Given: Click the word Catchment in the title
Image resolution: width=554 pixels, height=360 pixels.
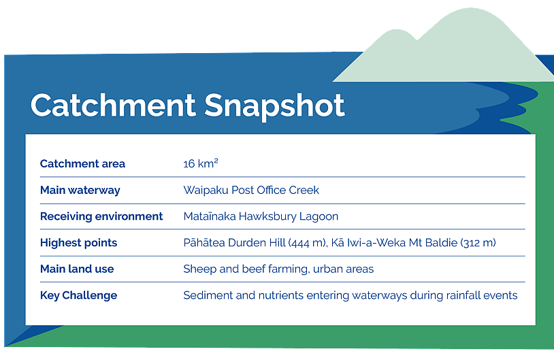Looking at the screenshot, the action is (113, 105).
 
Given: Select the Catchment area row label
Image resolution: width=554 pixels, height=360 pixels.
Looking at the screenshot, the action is (82, 163).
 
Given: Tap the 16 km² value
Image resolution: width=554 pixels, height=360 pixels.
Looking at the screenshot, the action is (201, 163).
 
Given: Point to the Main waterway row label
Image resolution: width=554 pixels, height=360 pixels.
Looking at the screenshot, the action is (80, 190).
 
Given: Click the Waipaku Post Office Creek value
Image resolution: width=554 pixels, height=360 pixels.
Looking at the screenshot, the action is (251, 190).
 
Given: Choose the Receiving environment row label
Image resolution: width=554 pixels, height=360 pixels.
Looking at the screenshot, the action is (101, 216).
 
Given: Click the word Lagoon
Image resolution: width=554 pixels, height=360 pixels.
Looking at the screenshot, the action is (319, 216).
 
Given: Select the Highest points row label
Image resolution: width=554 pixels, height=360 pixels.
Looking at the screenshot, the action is (78, 243).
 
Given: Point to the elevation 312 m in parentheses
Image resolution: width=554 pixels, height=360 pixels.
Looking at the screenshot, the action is (478, 243).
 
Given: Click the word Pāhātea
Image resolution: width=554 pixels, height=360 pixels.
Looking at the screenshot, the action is (204, 243).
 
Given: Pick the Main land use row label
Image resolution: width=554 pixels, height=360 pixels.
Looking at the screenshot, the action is (77, 269).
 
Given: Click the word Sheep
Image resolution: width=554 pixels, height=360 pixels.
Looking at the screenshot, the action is (199, 269).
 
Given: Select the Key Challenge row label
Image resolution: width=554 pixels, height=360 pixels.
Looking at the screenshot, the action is (78, 295).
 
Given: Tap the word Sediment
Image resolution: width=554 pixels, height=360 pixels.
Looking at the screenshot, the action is (208, 295).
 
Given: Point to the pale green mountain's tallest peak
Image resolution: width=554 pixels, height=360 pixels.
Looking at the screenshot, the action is (470, 8).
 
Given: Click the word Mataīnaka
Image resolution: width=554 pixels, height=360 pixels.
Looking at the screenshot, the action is (210, 216).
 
